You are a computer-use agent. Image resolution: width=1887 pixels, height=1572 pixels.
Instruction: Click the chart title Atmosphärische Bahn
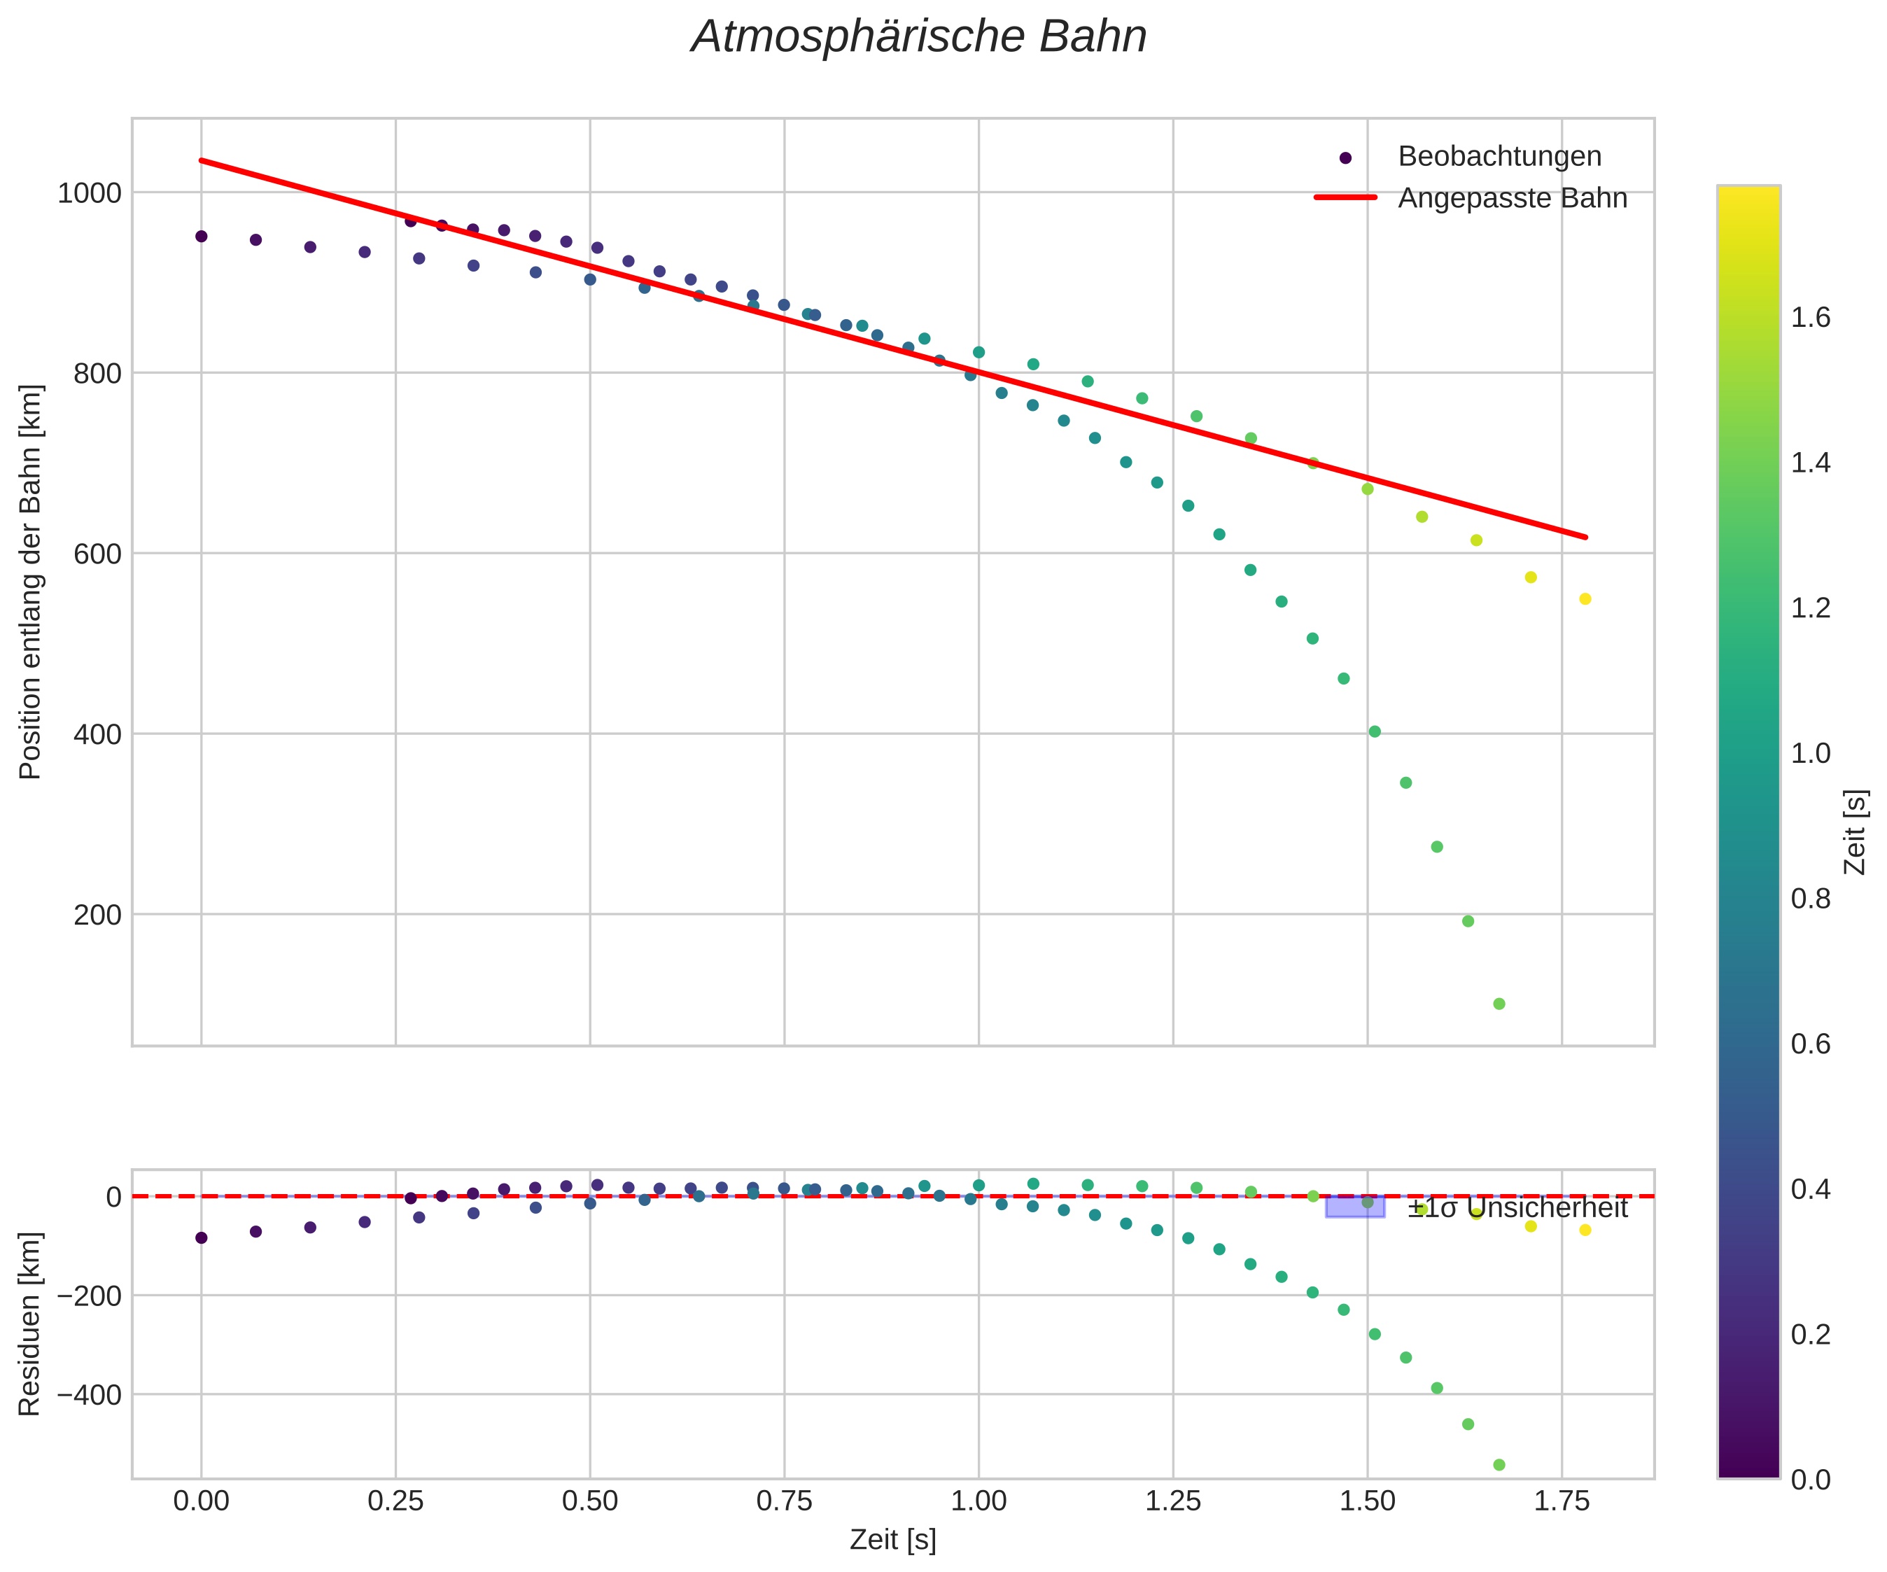pyautogui.click(x=918, y=38)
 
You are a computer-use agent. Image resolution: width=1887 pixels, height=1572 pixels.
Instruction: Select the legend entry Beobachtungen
pyautogui.click(x=1499, y=156)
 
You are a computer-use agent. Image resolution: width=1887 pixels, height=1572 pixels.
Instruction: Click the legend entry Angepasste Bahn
pyautogui.click(x=1511, y=198)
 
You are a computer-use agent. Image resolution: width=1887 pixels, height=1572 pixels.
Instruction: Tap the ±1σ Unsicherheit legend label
pyautogui.click(x=1517, y=1208)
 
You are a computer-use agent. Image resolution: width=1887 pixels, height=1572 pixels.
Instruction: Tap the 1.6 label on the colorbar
pyautogui.click(x=1811, y=318)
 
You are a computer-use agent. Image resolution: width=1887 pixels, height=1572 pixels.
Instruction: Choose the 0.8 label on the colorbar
pyautogui.click(x=1811, y=899)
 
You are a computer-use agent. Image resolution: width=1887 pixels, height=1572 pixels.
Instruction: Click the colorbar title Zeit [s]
pyautogui.click(x=1855, y=831)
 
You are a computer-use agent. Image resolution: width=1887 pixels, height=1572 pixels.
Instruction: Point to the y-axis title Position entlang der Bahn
pyautogui.click(x=31, y=582)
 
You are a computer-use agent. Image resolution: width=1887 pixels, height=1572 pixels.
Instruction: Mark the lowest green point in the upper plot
pyautogui.click(x=1499, y=1004)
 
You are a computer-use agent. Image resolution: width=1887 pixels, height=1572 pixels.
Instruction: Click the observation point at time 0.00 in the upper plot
pyautogui.click(x=202, y=237)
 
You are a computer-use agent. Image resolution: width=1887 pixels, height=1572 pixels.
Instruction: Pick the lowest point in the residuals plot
pyautogui.click(x=1499, y=1465)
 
